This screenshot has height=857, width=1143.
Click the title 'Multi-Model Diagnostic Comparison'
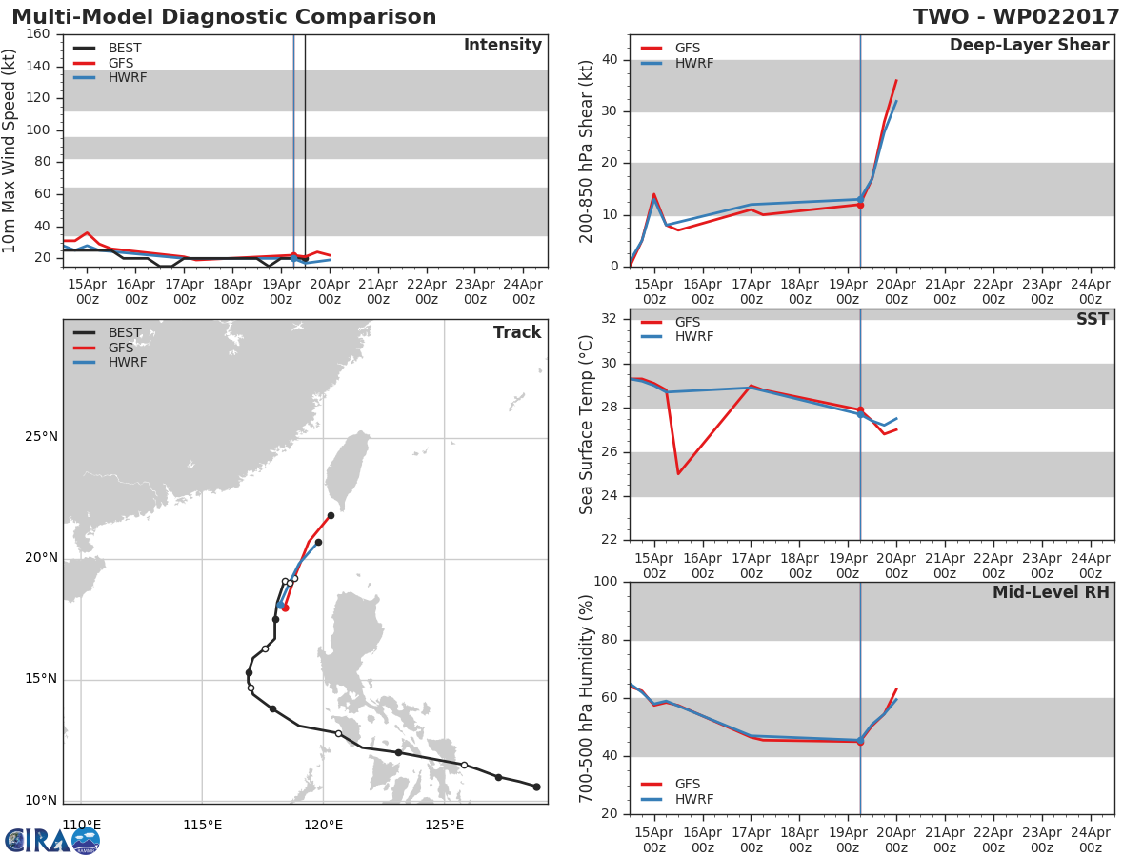click(x=224, y=17)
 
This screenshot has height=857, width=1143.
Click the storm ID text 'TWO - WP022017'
click(x=1016, y=17)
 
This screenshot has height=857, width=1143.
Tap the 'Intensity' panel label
click(x=503, y=46)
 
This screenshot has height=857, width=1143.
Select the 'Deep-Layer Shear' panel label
click(x=1029, y=46)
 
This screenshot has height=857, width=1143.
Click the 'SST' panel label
click(x=1092, y=319)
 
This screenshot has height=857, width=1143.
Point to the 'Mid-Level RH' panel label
click(x=1051, y=592)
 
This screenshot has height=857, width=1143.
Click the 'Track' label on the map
click(x=517, y=332)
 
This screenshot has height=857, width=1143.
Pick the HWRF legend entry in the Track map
click(x=110, y=362)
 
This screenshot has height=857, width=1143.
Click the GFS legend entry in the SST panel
click(x=671, y=322)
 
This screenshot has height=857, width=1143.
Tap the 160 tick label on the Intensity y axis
click(x=38, y=34)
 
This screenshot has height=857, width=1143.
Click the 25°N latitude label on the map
click(x=41, y=436)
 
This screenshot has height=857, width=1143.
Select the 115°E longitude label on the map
click(x=203, y=825)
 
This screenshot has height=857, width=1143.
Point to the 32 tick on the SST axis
click(x=610, y=318)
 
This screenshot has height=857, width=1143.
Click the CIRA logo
click(x=52, y=840)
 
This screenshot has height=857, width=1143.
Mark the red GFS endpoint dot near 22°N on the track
click(x=331, y=516)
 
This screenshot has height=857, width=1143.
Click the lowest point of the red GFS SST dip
click(x=678, y=474)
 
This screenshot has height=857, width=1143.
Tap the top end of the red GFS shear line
click(x=896, y=80)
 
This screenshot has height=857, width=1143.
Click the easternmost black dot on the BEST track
click(x=537, y=787)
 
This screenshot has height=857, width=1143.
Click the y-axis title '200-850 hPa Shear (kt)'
click(x=587, y=151)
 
